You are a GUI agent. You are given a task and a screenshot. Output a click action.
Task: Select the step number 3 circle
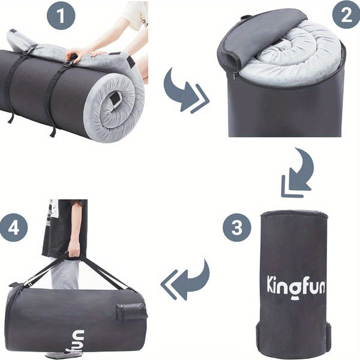(237, 228)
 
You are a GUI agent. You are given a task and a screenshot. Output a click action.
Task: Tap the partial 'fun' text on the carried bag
(80, 339)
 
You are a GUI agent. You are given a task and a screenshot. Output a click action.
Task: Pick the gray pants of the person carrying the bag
(64, 275)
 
